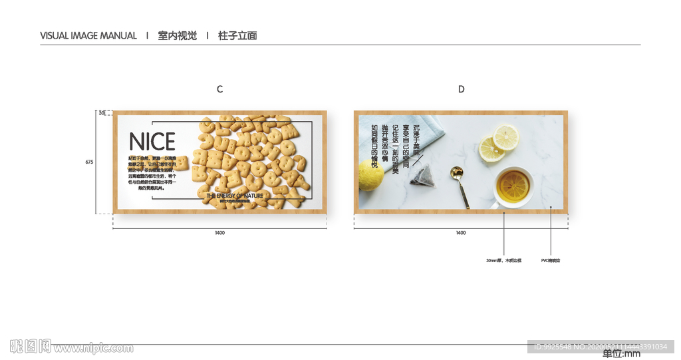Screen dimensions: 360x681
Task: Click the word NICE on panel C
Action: coord(152,142)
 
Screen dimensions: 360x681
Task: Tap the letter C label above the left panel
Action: coord(219,89)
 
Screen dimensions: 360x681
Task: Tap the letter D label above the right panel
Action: coord(461,89)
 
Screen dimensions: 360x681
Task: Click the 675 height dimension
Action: coord(89,162)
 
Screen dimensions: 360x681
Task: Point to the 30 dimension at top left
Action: coord(102,113)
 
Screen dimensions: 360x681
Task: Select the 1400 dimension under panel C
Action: coord(219,233)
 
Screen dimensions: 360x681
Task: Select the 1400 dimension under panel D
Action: coord(461,233)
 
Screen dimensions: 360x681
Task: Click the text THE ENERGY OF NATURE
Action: coord(235,196)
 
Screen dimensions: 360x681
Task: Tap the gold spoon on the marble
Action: coord(458,183)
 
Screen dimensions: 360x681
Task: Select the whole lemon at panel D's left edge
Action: coord(369,174)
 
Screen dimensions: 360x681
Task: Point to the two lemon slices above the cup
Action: coord(498,142)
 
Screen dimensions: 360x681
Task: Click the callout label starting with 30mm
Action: coord(503,260)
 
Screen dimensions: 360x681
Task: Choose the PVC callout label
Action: coord(551,260)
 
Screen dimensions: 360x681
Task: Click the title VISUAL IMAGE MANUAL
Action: coord(88,36)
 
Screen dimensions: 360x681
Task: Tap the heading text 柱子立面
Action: coord(237,36)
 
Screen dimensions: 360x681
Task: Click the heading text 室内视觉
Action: coord(178,36)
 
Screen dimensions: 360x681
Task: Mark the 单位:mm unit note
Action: coord(621,353)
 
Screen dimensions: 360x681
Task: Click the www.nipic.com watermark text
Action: coord(93,347)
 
